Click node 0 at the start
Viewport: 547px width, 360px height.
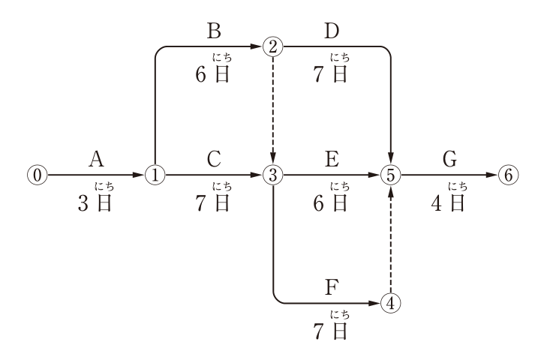pos(38,175)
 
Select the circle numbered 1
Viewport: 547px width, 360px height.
pos(155,175)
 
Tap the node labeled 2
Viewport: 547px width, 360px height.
pos(273,46)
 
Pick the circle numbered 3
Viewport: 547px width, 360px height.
pos(273,175)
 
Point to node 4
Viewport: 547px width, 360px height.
pos(391,303)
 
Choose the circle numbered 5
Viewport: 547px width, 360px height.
pos(391,175)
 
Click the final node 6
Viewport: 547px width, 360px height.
pos(508,175)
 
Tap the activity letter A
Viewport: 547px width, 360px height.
pos(96,159)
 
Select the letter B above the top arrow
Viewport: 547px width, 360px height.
pos(214,31)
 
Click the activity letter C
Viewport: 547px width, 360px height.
pos(214,159)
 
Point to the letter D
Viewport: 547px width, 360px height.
pos(332,31)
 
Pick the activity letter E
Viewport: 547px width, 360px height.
pos(332,159)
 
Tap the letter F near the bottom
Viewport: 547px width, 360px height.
pos(332,287)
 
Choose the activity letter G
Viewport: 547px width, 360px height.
pos(449,159)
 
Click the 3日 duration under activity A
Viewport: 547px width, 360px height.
pos(95,203)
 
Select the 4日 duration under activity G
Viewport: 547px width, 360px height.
pos(448,203)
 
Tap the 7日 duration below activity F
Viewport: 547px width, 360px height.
pos(330,331)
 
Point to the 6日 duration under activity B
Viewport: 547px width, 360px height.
pos(212,75)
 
